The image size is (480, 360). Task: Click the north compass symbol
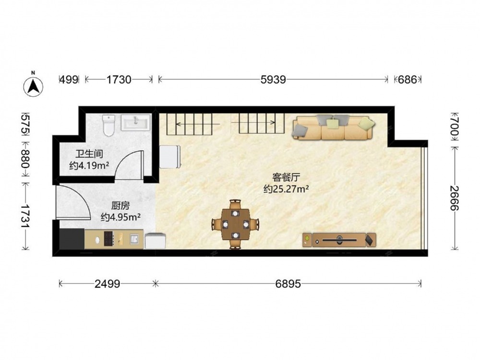(x=33, y=86)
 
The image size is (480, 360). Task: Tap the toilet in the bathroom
(x=108, y=125)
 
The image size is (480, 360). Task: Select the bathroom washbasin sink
(x=136, y=122)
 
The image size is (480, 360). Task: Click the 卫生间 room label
(x=89, y=154)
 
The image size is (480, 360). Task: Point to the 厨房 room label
(x=120, y=205)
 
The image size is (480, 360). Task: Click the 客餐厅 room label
(x=286, y=177)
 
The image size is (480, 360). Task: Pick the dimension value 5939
(x=273, y=80)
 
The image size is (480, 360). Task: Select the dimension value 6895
(x=288, y=284)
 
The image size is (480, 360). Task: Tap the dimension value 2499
(x=107, y=284)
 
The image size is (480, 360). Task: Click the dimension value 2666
(x=454, y=198)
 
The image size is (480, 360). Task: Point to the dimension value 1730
(x=119, y=80)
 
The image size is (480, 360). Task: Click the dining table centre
(x=235, y=224)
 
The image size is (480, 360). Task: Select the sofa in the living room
(x=333, y=127)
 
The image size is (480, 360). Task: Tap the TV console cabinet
(x=339, y=240)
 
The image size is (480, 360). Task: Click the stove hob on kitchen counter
(x=109, y=239)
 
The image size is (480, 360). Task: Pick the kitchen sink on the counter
(x=134, y=239)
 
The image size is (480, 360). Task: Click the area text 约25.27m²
(x=286, y=189)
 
